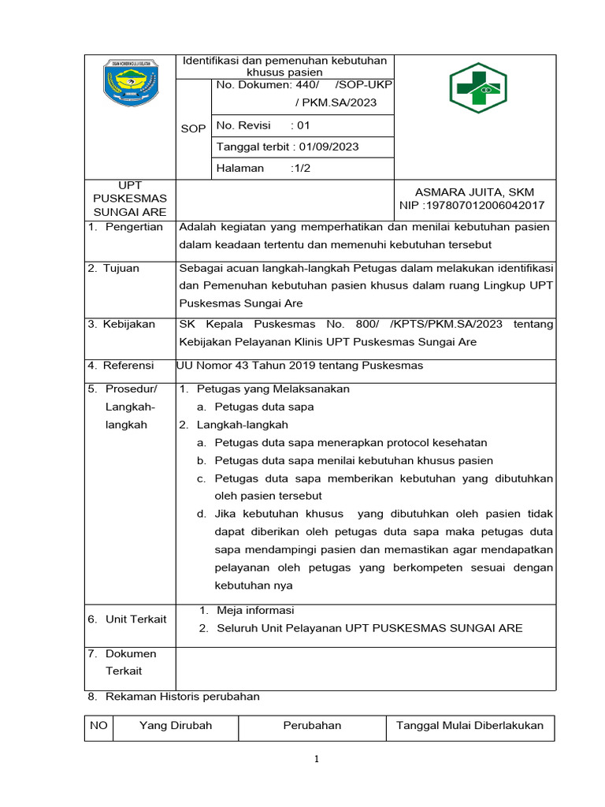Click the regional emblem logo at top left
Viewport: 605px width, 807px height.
130,82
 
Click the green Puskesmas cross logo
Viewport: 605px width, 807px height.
475,88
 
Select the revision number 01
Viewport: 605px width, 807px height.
303,125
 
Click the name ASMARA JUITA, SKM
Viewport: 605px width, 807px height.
474,192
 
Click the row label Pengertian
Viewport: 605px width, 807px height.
135,227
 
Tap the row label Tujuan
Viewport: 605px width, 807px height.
122,268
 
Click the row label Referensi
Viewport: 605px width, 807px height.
130,365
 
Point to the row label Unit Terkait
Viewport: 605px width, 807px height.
135,619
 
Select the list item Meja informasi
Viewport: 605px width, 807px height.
255,610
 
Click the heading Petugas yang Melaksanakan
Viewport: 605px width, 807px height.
273,389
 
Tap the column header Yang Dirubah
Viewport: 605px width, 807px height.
176,726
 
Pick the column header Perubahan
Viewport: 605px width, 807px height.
312,726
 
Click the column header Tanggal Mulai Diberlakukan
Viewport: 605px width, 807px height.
470,726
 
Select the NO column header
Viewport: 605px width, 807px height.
98,726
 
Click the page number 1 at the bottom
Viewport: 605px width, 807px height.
315,760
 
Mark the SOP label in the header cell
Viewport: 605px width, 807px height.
193,128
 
